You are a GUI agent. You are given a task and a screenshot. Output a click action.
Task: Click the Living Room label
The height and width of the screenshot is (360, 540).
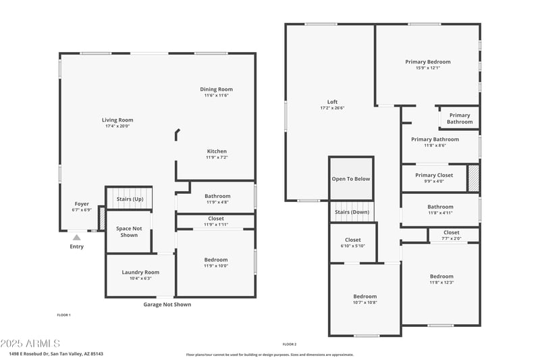pyautogui.click(x=117, y=120)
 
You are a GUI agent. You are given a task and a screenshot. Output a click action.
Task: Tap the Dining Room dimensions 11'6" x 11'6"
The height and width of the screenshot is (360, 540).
pyautogui.click(x=216, y=95)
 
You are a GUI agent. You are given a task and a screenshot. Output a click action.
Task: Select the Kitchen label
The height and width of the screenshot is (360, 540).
pyautogui.click(x=217, y=151)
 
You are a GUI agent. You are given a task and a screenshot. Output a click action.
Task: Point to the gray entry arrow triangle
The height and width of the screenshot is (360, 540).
pyautogui.click(x=77, y=237)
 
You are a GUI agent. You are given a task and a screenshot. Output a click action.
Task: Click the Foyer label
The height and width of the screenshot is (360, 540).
pyautogui.click(x=82, y=204)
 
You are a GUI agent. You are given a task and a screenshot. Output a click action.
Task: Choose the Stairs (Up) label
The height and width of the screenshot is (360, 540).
pyautogui.click(x=130, y=199)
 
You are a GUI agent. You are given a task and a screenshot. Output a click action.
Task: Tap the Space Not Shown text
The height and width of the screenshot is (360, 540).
pyautogui.click(x=128, y=232)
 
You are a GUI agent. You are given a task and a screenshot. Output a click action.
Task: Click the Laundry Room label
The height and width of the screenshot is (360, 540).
pyautogui.click(x=140, y=272)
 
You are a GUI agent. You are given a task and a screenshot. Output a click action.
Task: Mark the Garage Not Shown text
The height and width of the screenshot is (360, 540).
pyautogui.click(x=167, y=305)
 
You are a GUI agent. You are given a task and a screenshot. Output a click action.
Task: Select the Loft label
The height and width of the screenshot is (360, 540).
pyautogui.click(x=332, y=102)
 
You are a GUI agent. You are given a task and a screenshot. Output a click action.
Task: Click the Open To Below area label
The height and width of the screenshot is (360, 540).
pyautogui.click(x=351, y=179)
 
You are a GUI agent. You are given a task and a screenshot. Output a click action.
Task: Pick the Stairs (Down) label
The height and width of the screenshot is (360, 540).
pyautogui.click(x=352, y=212)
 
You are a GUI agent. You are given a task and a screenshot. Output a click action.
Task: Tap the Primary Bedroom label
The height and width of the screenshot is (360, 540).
pyautogui.click(x=427, y=62)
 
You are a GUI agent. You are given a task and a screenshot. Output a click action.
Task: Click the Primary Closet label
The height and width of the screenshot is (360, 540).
pyautogui.click(x=434, y=175)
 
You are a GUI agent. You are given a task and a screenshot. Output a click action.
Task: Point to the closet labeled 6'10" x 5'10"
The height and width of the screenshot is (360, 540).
pyautogui.click(x=352, y=242)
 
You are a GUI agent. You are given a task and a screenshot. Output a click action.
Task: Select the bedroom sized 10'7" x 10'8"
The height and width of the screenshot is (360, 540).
pyautogui.click(x=364, y=299)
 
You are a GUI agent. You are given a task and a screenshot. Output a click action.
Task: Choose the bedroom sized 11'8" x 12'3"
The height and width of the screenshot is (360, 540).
pyautogui.click(x=441, y=279)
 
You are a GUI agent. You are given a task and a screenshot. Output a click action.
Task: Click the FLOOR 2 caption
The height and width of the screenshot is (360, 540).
pyautogui.click(x=290, y=344)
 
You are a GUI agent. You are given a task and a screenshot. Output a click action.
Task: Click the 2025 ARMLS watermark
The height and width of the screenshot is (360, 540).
pyautogui.click(x=30, y=344)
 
